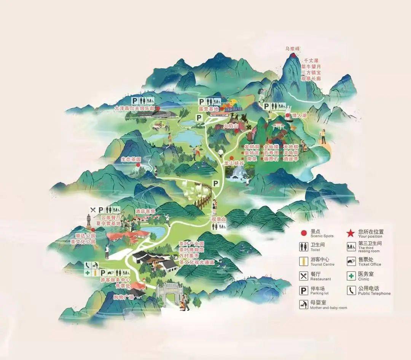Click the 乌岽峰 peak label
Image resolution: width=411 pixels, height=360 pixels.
293,49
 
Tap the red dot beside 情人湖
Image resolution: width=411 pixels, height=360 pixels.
288,115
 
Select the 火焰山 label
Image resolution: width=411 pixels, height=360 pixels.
231,126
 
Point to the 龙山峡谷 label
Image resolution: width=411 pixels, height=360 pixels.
234,163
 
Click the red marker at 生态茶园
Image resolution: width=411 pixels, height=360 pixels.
138,165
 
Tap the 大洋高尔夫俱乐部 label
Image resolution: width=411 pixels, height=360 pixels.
135,109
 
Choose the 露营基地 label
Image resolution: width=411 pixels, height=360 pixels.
208,109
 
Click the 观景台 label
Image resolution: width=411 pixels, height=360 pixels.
219,219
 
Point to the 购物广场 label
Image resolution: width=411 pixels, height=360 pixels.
124,297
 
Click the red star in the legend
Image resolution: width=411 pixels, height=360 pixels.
350,233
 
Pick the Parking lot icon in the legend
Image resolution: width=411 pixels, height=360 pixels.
303,291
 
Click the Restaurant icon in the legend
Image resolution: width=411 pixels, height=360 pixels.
303,276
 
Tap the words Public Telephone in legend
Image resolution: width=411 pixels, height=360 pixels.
374,293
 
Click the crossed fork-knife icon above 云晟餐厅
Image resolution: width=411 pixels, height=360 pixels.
93,210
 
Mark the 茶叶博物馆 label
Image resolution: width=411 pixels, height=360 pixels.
191,250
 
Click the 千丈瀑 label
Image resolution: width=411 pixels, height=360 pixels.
311,61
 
